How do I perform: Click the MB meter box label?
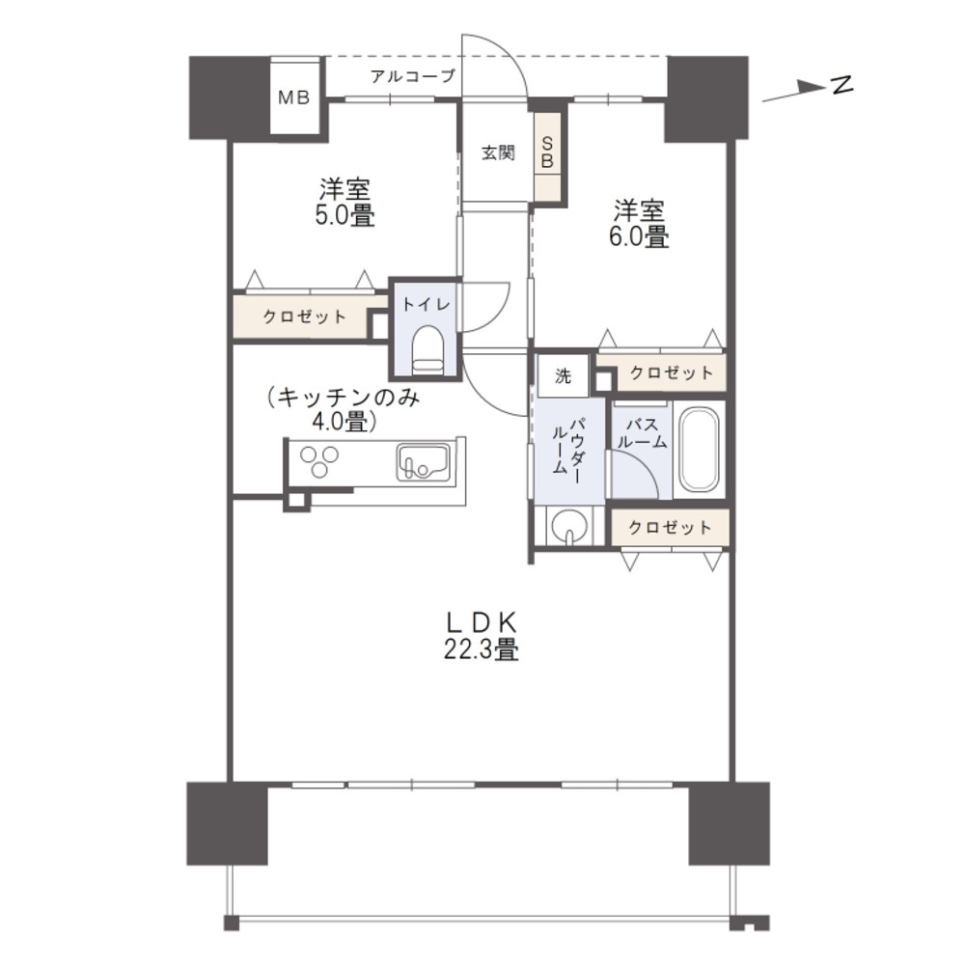coord(293,97)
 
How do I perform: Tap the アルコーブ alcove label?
coord(412,76)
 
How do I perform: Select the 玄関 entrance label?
coord(498,152)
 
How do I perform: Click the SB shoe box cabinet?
coord(548,155)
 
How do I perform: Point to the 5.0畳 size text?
coord(345,216)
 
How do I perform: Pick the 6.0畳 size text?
coord(639,237)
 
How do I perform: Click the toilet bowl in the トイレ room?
coord(427,350)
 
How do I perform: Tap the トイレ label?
coord(427,304)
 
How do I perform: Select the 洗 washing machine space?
coord(564,376)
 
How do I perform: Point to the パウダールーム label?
coord(568,446)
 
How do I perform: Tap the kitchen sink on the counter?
coord(423,461)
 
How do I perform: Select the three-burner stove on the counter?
coord(318,460)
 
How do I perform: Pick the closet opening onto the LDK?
coord(670,528)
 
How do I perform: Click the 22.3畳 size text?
coord(482,649)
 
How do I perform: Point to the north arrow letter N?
coord(841,84)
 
